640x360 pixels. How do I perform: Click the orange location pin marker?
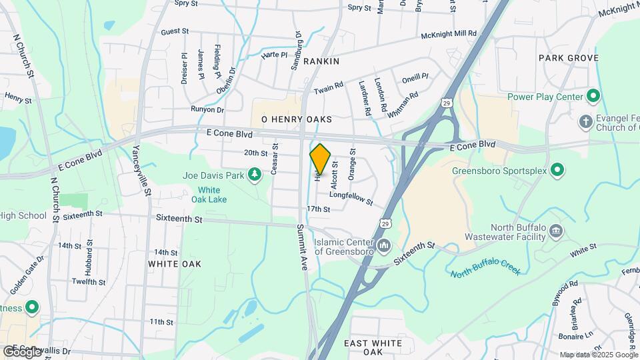pos(320,160)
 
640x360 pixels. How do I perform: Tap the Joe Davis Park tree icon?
pos(254,175)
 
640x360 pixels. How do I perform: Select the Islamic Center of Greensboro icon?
pos(384,247)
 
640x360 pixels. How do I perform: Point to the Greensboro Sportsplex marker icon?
pos(558,171)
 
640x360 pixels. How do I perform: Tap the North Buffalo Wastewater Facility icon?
pos(556,232)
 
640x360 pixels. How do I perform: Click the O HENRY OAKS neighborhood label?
pos(296,119)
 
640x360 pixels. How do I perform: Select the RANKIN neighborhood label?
pos(321,61)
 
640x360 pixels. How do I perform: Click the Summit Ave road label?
pos(303,247)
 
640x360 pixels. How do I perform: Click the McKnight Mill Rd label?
pos(448,33)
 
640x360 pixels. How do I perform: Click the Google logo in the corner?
pos(22,351)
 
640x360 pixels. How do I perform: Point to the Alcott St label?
pos(335,175)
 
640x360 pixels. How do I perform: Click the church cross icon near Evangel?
pos(585,122)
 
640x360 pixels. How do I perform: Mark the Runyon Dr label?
pos(207,109)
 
